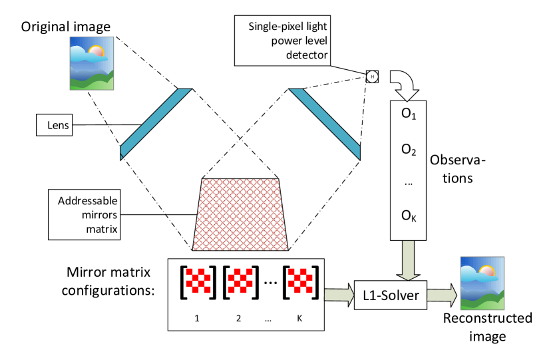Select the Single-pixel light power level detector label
tap(282, 41)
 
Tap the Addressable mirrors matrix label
tap(87, 214)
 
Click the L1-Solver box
tap(391, 295)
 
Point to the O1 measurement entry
tap(408, 114)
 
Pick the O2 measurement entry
tap(408, 150)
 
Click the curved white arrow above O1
tap(403, 83)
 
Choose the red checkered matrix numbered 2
tap(238, 282)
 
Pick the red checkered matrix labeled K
tap(299, 282)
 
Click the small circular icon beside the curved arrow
tap(372, 77)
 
